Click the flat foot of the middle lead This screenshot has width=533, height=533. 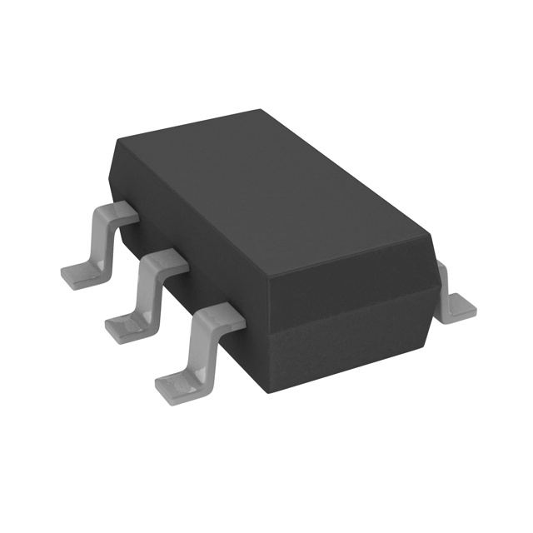pos(125,325)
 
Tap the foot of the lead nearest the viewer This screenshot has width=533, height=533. pos(177,383)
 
